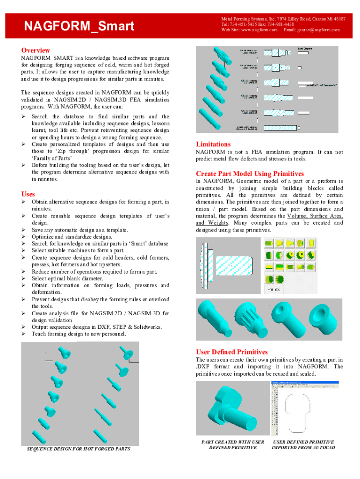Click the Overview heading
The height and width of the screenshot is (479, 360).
point(36,50)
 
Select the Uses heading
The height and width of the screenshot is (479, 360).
point(28,194)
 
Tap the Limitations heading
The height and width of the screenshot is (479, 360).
point(213,144)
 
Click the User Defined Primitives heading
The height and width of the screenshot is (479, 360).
point(231,352)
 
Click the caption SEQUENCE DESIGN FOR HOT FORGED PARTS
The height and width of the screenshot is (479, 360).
point(79,449)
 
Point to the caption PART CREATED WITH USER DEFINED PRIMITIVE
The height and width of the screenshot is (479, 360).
point(232,444)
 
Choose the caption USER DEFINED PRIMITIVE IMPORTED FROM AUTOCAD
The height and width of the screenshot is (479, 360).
point(303,444)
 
